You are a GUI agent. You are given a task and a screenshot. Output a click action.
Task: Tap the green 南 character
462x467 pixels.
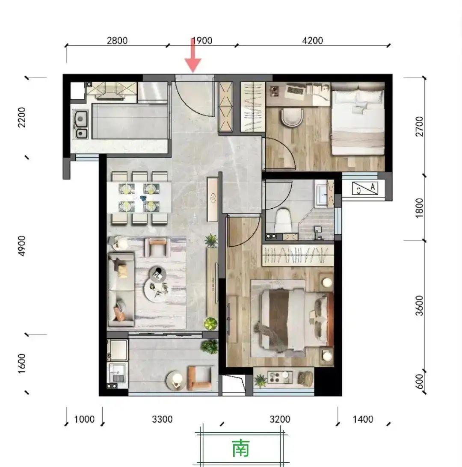pos(241,448)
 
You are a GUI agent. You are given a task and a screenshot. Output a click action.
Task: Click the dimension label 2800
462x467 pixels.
pos(117,41)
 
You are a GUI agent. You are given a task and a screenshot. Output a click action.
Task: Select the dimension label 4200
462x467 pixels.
pos(312,41)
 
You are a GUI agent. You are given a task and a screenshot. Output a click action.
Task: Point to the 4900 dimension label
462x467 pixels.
pos(22,246)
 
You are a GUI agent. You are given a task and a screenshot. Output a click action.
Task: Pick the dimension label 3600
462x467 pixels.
pos(419,305)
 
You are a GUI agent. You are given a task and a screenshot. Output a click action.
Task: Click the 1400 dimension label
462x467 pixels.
pos(363,420)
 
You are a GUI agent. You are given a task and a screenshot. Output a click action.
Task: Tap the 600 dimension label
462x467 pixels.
pos(419,381)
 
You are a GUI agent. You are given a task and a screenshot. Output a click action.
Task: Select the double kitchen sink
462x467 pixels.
pos(80,124)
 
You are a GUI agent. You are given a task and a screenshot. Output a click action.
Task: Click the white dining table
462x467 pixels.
pos(139,197)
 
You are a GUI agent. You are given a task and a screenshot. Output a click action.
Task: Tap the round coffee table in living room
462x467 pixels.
pos(156,283)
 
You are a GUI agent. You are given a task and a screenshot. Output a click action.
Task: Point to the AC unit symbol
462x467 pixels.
pos(365,189)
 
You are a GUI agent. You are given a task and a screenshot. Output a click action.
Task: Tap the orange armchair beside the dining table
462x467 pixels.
pos(157,247)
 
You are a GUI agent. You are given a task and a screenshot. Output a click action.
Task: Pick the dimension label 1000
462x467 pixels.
pos(84,420)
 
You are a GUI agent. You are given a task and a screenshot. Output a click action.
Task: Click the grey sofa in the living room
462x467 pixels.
pos(121,290)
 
